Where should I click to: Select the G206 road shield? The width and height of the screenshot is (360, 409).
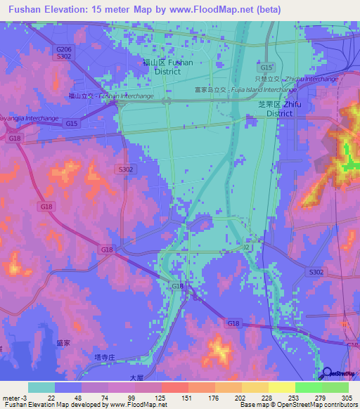click(63, 49)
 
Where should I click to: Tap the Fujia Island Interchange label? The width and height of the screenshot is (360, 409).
click(246, 90)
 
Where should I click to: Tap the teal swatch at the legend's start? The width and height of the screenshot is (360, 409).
click(41, 387)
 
